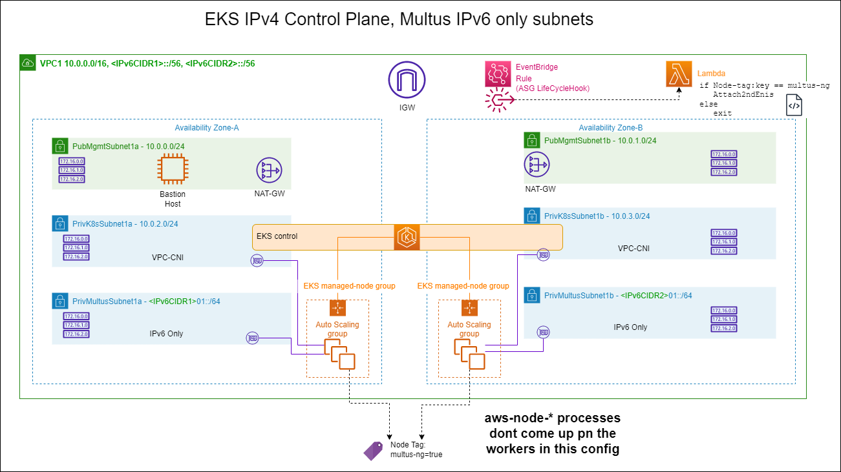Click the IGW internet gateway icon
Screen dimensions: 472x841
coord(407,81)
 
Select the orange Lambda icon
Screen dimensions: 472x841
coord(679,74)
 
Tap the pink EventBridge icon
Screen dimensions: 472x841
coord(498,74)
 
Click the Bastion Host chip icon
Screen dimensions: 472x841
coord(172,171)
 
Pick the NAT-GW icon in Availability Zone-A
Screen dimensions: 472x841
coord(268,170)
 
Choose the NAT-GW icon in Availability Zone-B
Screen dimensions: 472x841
coord(538,166)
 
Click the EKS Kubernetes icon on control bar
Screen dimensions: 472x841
coord(407,237)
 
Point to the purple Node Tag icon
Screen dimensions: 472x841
coord(373,450)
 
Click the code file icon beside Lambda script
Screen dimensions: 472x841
coord(794,105)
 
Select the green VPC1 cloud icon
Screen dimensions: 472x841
coord(28,63)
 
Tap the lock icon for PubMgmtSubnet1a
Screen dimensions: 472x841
coord(60,146)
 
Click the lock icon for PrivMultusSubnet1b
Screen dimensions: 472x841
coord(532,295)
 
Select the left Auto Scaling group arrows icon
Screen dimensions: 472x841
coord(337,308)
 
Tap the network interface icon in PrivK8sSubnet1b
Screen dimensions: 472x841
coord(544,255)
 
